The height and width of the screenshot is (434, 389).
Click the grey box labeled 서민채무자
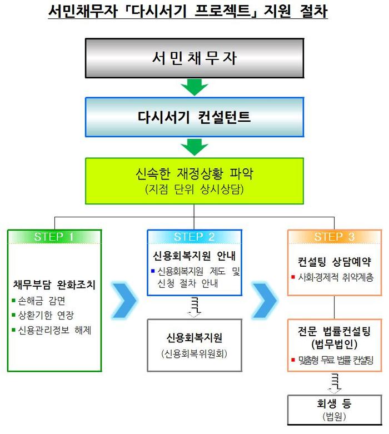pos(194,58)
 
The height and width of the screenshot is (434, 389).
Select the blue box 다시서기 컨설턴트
pos(194,117)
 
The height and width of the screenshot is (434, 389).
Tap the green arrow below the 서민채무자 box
pos(194,87)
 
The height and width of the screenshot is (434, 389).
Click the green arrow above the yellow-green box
pos(194,147)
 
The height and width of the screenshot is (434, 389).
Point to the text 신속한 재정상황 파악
pos(194,173)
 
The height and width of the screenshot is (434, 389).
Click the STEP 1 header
pos(54,237)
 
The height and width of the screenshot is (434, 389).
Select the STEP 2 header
pos(194,237)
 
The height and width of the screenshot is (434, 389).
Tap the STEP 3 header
pos(335,237)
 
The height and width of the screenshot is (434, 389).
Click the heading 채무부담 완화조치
pos(54,285)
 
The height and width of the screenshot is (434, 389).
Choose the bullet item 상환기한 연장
pos(43,315)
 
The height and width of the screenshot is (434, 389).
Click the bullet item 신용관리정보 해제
pos(52,330)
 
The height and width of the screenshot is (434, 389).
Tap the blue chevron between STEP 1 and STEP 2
pos(124,300)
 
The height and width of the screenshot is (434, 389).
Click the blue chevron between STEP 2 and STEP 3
pos(265,300)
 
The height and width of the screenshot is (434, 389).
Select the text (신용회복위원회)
pos(194,354)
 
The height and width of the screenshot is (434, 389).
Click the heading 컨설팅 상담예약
pos(335,262)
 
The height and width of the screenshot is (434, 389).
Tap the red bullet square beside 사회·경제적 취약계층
pos(293,277)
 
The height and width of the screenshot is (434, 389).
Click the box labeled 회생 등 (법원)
pos(335,410)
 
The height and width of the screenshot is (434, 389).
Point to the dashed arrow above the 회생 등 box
pos(335,383)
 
